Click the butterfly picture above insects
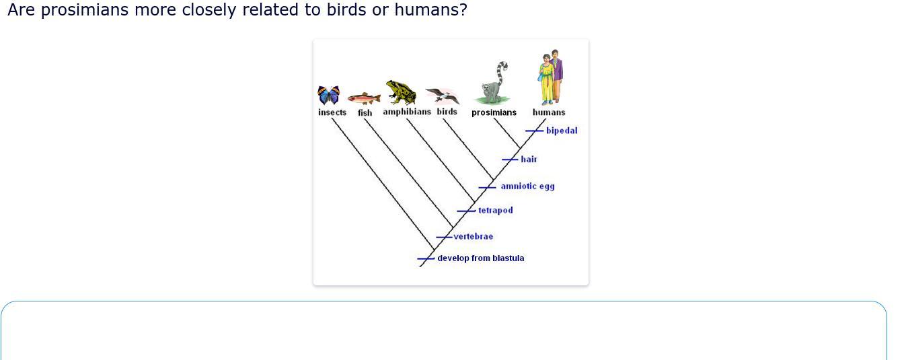point(328,95)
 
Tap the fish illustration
point(364,98)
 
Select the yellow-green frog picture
point(401,92)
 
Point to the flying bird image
point(443,96)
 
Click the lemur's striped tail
point(501,73)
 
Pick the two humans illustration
point(550,77)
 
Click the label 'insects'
point(332,112)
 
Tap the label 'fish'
point(365,113)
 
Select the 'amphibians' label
point(407,112)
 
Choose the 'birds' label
point(447,112)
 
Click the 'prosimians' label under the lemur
point(494,112)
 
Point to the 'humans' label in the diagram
point(549,112)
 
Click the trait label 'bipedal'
point(562,131)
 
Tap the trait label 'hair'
point(529,159)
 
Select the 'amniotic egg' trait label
point(528,186)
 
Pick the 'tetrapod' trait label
point(496,211)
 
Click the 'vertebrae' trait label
point(474,237)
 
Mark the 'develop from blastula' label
point(481,258)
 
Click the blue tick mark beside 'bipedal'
point(534,131)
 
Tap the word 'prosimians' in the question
point(85,9)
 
